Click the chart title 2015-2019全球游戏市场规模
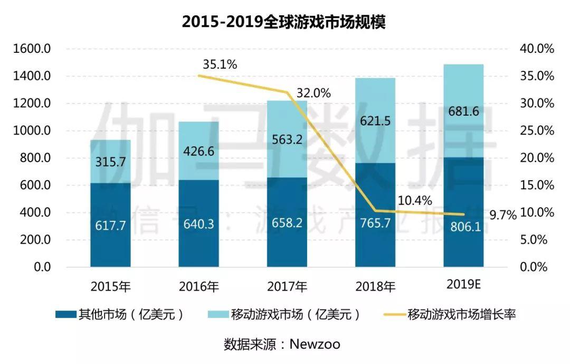pos(284,22)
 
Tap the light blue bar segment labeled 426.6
pos(198,151)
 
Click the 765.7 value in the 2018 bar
pos(375,223)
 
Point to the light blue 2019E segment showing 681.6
pos(463,111)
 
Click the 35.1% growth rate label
pos(220,64)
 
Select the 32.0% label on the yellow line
pos(313,93)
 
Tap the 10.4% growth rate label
pos(415,201)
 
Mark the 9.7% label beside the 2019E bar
pos(502,215)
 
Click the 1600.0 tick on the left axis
pos(32,49)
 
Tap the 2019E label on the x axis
pos(463,285)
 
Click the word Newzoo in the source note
pos(316,344)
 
